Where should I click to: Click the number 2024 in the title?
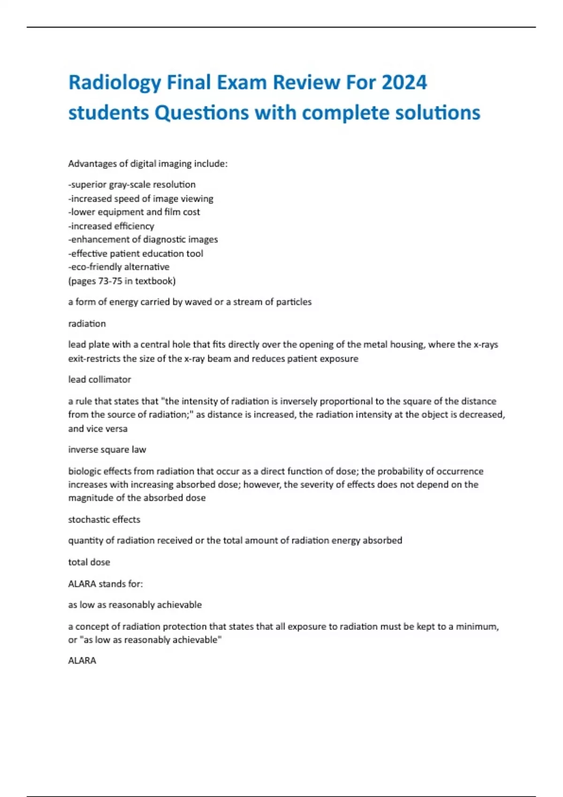(404, 83)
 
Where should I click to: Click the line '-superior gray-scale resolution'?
(132, 185)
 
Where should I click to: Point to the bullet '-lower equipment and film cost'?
(134, 212)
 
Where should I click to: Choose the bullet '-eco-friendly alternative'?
(119, 267)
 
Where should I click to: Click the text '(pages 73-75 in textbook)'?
(122, 281)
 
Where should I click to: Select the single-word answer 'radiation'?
(87, 323)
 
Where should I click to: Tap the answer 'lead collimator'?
(99, 379)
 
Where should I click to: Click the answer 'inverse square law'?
(107, 450)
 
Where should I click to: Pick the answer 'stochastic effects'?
(104, 519)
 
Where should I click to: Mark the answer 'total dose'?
(89, 562)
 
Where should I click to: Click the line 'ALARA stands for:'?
(106, 584)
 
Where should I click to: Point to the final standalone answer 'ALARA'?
(82, 661)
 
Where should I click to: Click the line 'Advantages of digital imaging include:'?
(148, 164)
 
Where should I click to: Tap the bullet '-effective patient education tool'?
(136, 254)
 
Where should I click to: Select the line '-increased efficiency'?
(111, 226)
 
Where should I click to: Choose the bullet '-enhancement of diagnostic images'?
(143, 240)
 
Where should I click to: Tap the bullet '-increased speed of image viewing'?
(141, 199)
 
